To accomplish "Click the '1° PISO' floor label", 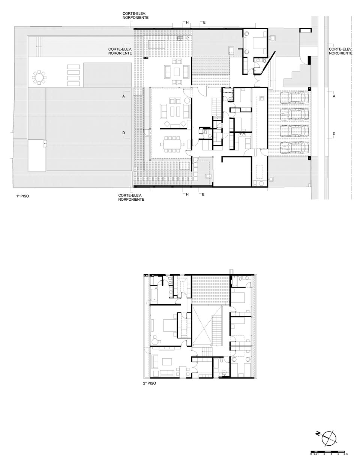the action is (22, 196).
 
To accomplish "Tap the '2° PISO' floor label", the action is (150, 383).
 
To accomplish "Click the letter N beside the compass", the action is (318, 434).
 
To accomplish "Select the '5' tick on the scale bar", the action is (344, 454).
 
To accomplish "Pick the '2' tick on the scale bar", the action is (324, 454).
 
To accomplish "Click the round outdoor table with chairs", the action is (39, 77).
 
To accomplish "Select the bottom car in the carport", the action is (294, 148).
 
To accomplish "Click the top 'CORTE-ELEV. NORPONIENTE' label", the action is (135, 16).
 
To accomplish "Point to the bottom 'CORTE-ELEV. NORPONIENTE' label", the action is (131, 197).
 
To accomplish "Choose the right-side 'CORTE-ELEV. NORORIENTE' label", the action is (340, 51).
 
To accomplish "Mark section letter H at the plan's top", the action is (187, 23).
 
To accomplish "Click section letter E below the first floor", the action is (203, 194).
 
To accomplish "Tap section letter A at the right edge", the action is (334, 96).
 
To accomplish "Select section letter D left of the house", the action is (124, 133).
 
